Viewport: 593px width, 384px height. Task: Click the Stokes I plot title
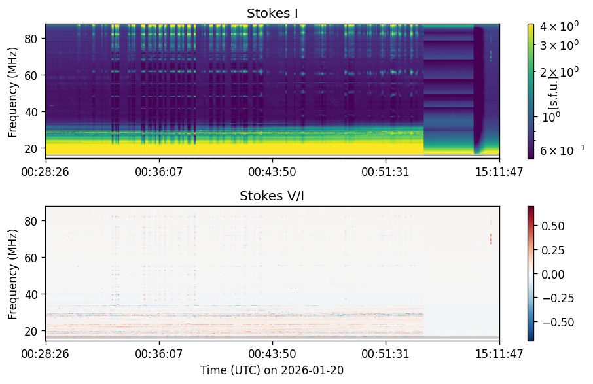(x=272, y=13)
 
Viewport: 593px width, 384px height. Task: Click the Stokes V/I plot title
(x=272, y=196)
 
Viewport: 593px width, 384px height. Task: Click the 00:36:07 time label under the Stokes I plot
(x=159, y=172)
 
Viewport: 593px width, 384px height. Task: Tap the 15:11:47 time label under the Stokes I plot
(x=499, y=172)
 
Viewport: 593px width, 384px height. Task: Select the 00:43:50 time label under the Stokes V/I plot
(x=272, y=354)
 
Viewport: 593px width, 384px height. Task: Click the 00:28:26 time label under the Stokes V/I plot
(x=45, y=354)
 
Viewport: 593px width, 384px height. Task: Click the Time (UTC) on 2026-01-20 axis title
(x=272, y=370)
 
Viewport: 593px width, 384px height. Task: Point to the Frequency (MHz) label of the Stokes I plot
(x=12, y=93)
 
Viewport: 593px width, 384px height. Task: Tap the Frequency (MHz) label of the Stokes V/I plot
(x=12, y=274)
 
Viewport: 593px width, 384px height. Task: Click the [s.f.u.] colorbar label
(x=552, y=92)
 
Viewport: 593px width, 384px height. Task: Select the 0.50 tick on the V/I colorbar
(x=553, y=226)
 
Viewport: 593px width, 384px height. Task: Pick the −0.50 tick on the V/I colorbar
(x=558, y=323)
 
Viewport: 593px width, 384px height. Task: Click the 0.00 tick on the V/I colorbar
(x=553, y=274)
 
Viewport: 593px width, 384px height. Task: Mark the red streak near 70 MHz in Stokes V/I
(x=491, y=239)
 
